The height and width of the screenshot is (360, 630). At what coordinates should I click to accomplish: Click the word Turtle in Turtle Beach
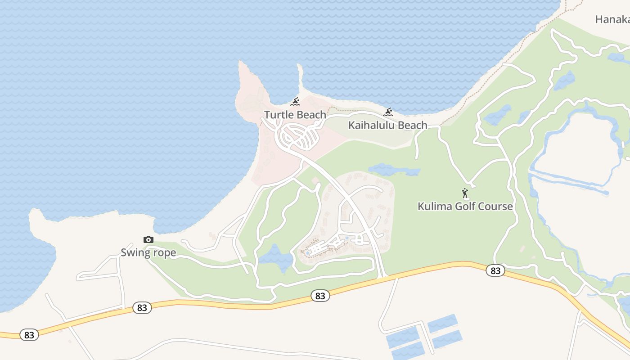coord(279,115)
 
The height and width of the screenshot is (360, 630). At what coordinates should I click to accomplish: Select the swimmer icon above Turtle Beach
coord(295,101)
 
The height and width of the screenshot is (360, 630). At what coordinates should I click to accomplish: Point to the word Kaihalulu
coord(370,125)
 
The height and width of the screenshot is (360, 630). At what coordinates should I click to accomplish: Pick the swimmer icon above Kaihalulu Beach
coord(388,112)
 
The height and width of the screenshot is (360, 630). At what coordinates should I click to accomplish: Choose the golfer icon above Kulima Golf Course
coord(465,193)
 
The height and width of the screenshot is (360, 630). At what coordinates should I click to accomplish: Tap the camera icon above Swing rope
coord(148,240)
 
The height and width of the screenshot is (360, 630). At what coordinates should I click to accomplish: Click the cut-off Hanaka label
coord(612,19)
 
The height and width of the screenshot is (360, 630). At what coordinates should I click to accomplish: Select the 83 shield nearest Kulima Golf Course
coord(495,270)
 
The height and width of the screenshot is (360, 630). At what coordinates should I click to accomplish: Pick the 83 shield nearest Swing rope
coord(142,308)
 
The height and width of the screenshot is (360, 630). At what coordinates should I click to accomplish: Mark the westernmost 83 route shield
coord(29,335)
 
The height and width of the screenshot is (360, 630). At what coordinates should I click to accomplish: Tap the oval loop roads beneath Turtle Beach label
coord(299,135)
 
